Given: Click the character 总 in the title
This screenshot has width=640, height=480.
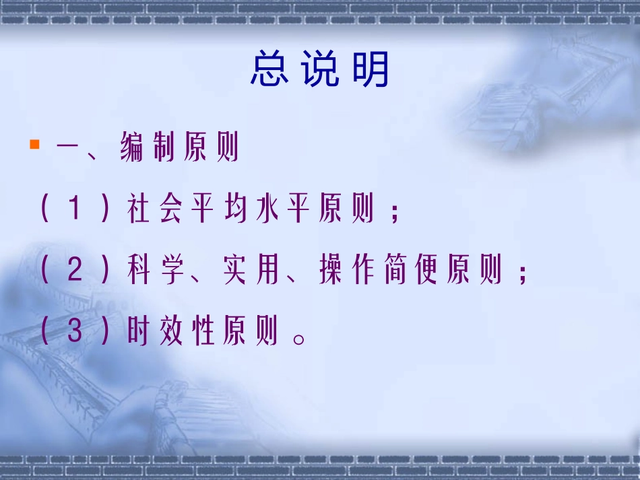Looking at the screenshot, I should pyautogui.click(x=269, y=69).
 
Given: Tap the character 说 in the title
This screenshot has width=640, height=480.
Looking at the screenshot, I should pyautogui.click(x=320, y=69).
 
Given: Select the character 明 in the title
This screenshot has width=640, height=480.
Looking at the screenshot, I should pyautogui.click(x=372, y=69).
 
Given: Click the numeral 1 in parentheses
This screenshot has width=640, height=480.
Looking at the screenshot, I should pyautogui.click(x=75, y=210).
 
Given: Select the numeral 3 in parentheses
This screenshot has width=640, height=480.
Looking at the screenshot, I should pyautogui.click(x=75, y=333).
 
